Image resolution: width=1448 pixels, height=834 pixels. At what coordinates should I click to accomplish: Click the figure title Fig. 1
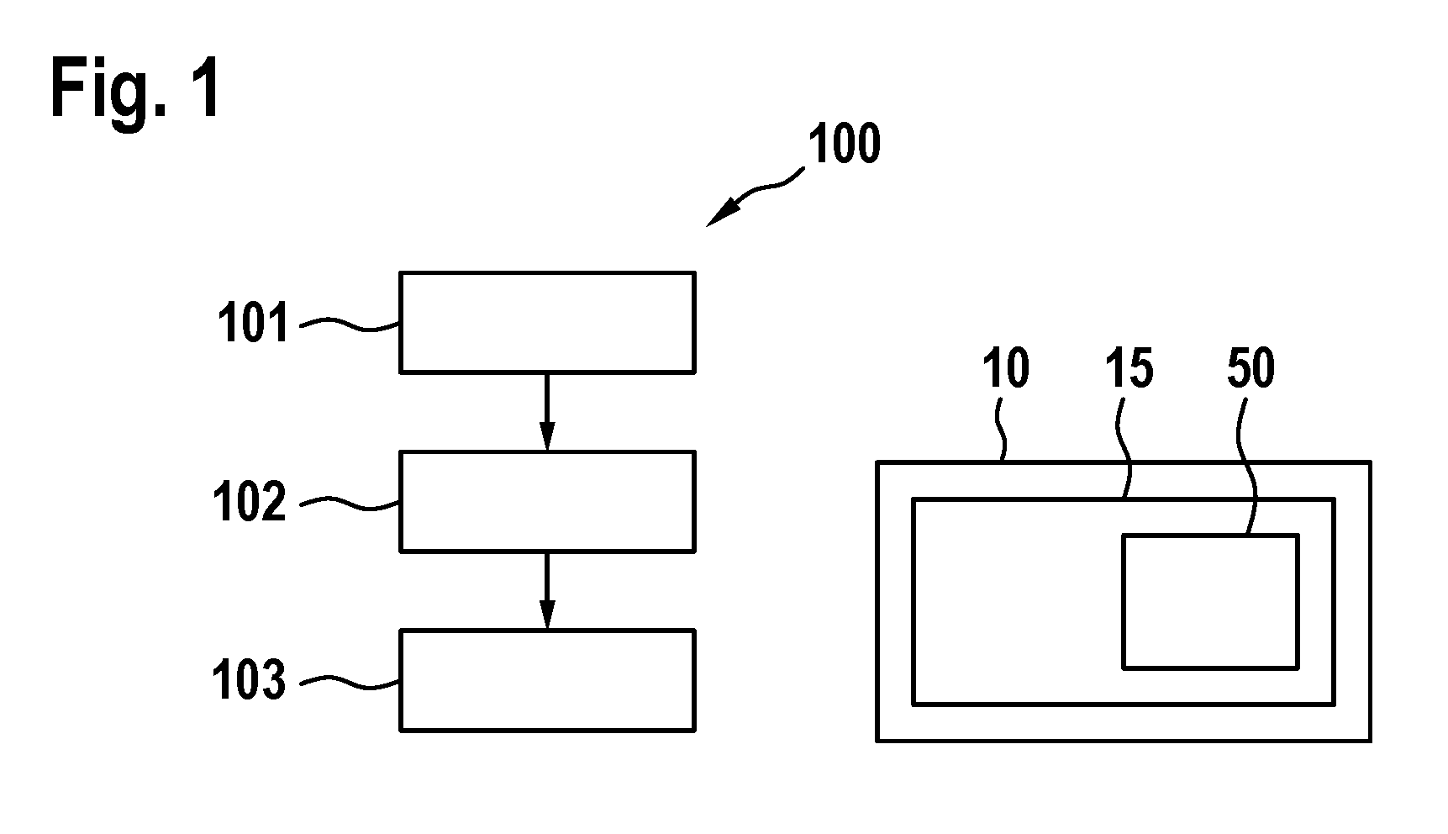tap(136, 91)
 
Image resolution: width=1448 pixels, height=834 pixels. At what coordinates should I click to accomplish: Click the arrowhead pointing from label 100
tap(719, 214)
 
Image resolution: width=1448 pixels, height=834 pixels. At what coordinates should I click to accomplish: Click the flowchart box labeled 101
tap(547, 322)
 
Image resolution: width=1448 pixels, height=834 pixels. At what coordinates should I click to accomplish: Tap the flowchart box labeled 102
tap(547, 501)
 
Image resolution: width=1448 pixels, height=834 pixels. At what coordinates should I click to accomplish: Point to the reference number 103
tap(250, 680)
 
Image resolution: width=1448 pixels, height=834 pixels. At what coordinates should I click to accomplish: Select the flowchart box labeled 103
tap(547, 679)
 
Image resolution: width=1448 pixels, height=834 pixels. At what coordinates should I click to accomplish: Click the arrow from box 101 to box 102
tap(547, 412)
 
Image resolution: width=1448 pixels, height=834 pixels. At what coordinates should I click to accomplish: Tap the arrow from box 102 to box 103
tap(547, 590)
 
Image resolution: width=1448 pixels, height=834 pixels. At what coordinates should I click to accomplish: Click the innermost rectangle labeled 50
tap(1211, 601)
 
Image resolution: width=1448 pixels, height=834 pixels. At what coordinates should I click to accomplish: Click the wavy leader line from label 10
tap(1001, 430)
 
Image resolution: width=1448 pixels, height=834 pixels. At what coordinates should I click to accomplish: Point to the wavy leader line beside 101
tap(350, 324)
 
